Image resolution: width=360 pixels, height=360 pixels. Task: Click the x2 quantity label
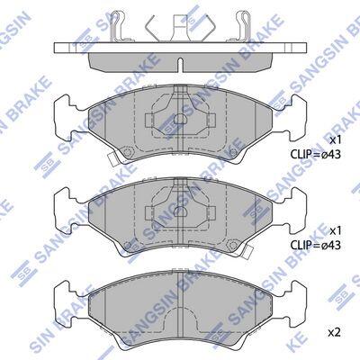click(x=335, y=332)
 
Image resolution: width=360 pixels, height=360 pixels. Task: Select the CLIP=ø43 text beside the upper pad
click(x=316, y=154)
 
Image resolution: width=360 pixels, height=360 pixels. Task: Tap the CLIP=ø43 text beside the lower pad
click(x=316, y=246)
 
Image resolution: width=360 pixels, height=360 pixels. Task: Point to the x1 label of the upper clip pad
click(x=336, y=140)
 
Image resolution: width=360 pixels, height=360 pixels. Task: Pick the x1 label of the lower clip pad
click(x=336, y=231)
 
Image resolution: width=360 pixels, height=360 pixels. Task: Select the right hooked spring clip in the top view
click(x=243, y=26)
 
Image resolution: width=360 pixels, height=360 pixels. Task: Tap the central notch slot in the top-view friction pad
click(x=179, y=65)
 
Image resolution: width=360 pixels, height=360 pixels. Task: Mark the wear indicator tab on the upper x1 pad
click(x=112, y=159)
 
